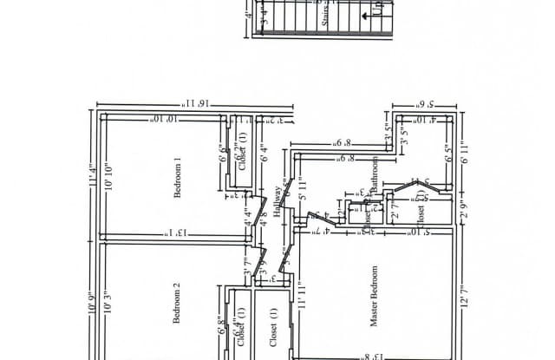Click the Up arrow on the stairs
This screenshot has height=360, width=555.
click(378, 13)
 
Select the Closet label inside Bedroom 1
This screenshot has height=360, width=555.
click(244, 149)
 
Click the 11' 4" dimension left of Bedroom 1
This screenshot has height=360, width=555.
click(91, 173)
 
